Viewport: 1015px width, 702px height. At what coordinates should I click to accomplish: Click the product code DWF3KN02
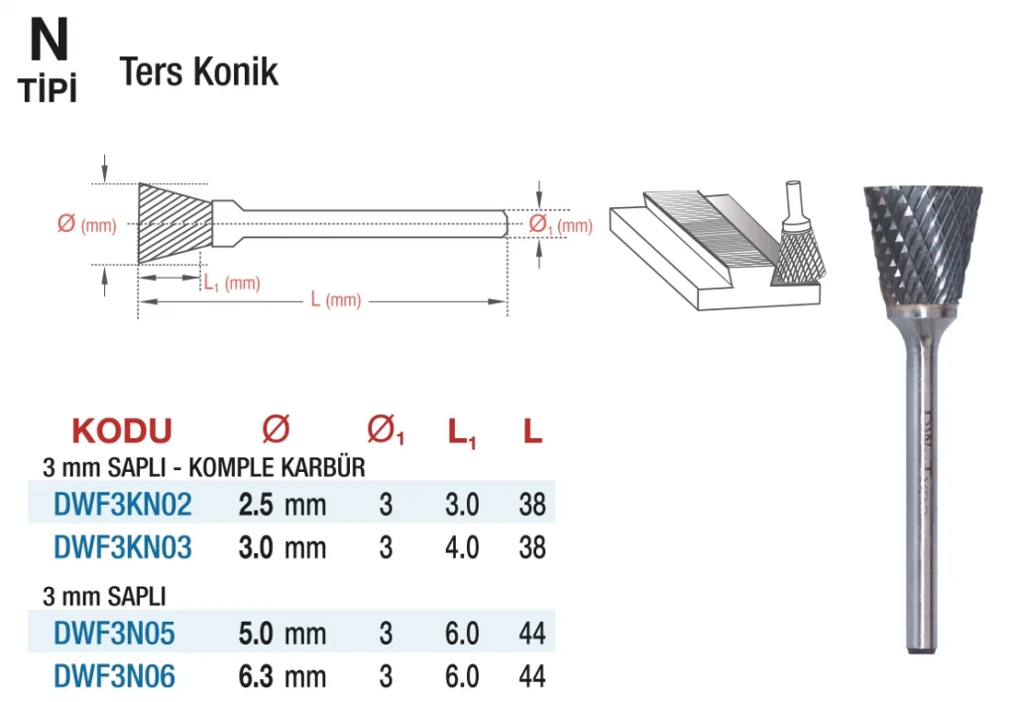[122, 505]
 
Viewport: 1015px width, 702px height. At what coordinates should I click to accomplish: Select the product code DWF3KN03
[122, 548]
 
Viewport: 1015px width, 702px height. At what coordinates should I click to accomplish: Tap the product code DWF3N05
[114, 634]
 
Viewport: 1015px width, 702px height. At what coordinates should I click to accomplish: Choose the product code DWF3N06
[114, 677]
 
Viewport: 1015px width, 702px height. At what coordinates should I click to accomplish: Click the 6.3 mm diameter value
[282, 677]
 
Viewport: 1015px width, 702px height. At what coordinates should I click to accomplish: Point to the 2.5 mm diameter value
[282, 505]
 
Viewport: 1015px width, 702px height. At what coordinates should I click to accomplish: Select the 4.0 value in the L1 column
[462, 548]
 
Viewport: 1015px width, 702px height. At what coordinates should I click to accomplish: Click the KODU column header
[122, 430]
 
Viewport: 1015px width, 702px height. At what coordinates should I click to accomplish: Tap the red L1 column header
[462, 432]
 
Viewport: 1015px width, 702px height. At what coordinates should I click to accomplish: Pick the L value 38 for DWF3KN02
[532, 505]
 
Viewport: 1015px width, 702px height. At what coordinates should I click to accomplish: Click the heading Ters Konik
[198, 71]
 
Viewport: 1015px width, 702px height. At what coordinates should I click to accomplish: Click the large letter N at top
[49, 40]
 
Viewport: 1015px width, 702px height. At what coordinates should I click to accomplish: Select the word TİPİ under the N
[48, 88]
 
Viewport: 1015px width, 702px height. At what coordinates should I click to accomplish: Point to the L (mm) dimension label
[335, 299]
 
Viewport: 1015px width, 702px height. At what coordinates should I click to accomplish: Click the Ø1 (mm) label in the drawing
[561, 225]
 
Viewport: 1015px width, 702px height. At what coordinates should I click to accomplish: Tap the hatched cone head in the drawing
[174, 223]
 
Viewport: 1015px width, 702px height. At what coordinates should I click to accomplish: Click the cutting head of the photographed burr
[922, 246]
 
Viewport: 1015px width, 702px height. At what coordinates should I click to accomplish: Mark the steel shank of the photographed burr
[921, 479]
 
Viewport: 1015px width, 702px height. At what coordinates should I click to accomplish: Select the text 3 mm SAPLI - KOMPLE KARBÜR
[204, 467]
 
